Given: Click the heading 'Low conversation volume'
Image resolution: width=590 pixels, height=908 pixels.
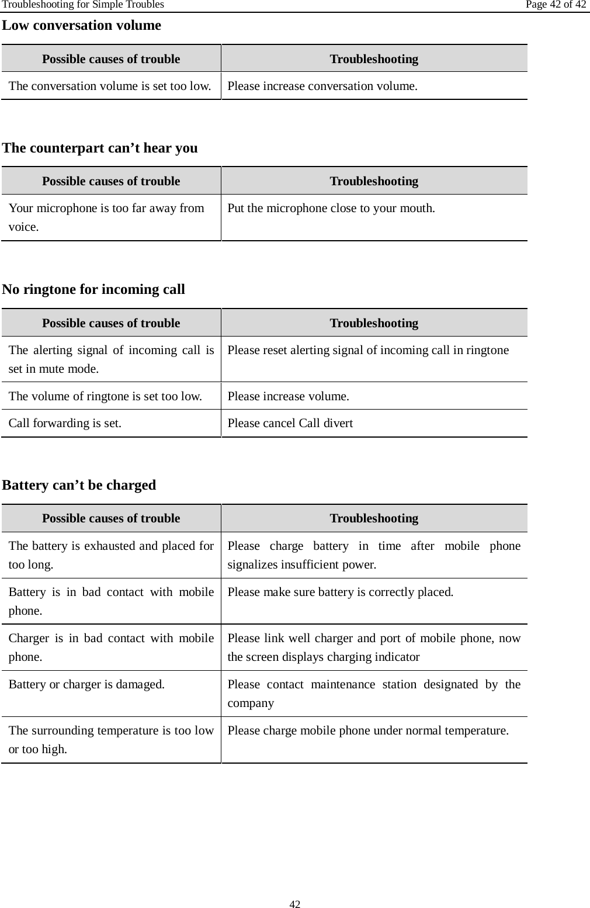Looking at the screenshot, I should [x=82, y=26].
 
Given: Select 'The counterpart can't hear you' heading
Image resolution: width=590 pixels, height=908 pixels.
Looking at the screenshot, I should [x=100, y=148].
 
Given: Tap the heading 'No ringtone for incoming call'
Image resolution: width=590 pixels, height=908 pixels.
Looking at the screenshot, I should [x=93, y=289].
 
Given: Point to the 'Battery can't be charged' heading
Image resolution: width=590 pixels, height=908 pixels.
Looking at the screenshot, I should [x=79, y=485].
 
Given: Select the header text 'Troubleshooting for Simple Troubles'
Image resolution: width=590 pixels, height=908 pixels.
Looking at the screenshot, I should [x=82, y=5].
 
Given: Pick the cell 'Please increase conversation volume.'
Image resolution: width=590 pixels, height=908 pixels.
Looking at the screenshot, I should [x=322, y=86].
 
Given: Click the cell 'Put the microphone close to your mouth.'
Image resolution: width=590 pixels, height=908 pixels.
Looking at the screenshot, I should [x=331, y=208].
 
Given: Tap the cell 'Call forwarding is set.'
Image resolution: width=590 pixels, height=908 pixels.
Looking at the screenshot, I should [x=65, y=423].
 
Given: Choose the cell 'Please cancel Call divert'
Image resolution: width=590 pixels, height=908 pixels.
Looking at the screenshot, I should [x=290, y=423].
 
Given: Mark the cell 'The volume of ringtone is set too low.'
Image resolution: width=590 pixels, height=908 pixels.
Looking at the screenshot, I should [x=106, y=396].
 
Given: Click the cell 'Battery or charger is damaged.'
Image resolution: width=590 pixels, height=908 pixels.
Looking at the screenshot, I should [x=86, y=684].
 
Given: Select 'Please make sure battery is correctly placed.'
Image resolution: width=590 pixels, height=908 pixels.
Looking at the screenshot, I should [x=340, y=592].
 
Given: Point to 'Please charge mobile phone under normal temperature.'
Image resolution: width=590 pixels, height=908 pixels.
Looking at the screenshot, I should [x=368, y=731].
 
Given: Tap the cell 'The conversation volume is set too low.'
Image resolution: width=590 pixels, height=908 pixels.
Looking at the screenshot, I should [x=110, y=86].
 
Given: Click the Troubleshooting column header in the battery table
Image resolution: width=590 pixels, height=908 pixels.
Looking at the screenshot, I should [x=374, y=518].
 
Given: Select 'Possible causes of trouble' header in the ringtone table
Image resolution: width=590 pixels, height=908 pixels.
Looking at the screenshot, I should [x=111, y=323].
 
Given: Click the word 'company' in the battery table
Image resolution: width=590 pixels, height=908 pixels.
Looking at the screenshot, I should [x=251, y=703].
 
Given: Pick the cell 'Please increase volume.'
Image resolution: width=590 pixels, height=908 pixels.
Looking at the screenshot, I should [x=289, y=396].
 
